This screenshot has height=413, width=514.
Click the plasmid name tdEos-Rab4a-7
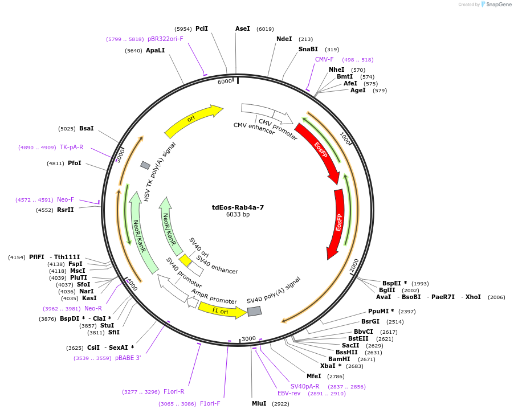click(238, 207)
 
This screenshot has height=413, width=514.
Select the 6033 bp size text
click(238, 215)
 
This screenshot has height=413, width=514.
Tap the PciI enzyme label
click(202, 28)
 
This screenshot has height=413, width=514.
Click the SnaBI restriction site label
click(308, 50)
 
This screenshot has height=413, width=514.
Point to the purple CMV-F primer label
click(324, 59)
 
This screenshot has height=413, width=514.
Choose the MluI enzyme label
click(259, 403)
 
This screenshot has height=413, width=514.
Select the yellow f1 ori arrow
click(222, 309)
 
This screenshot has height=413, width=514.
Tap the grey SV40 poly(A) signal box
click(254, 311)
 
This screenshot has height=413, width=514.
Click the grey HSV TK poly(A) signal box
click(145, 165)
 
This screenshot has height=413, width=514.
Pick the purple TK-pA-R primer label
click(71, 147)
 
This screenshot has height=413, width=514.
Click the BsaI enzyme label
click(87, 128)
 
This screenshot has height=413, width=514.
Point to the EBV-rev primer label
click(289, 393)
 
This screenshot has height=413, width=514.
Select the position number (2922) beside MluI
click(280, 403)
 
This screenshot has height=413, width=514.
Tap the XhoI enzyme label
click(473, 297)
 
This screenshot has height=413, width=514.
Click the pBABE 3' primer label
click(128, 358)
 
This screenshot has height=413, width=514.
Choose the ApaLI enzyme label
click(156, 50)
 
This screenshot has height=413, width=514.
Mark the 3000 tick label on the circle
click(248, 338)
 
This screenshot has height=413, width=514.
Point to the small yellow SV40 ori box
click(185, 260)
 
